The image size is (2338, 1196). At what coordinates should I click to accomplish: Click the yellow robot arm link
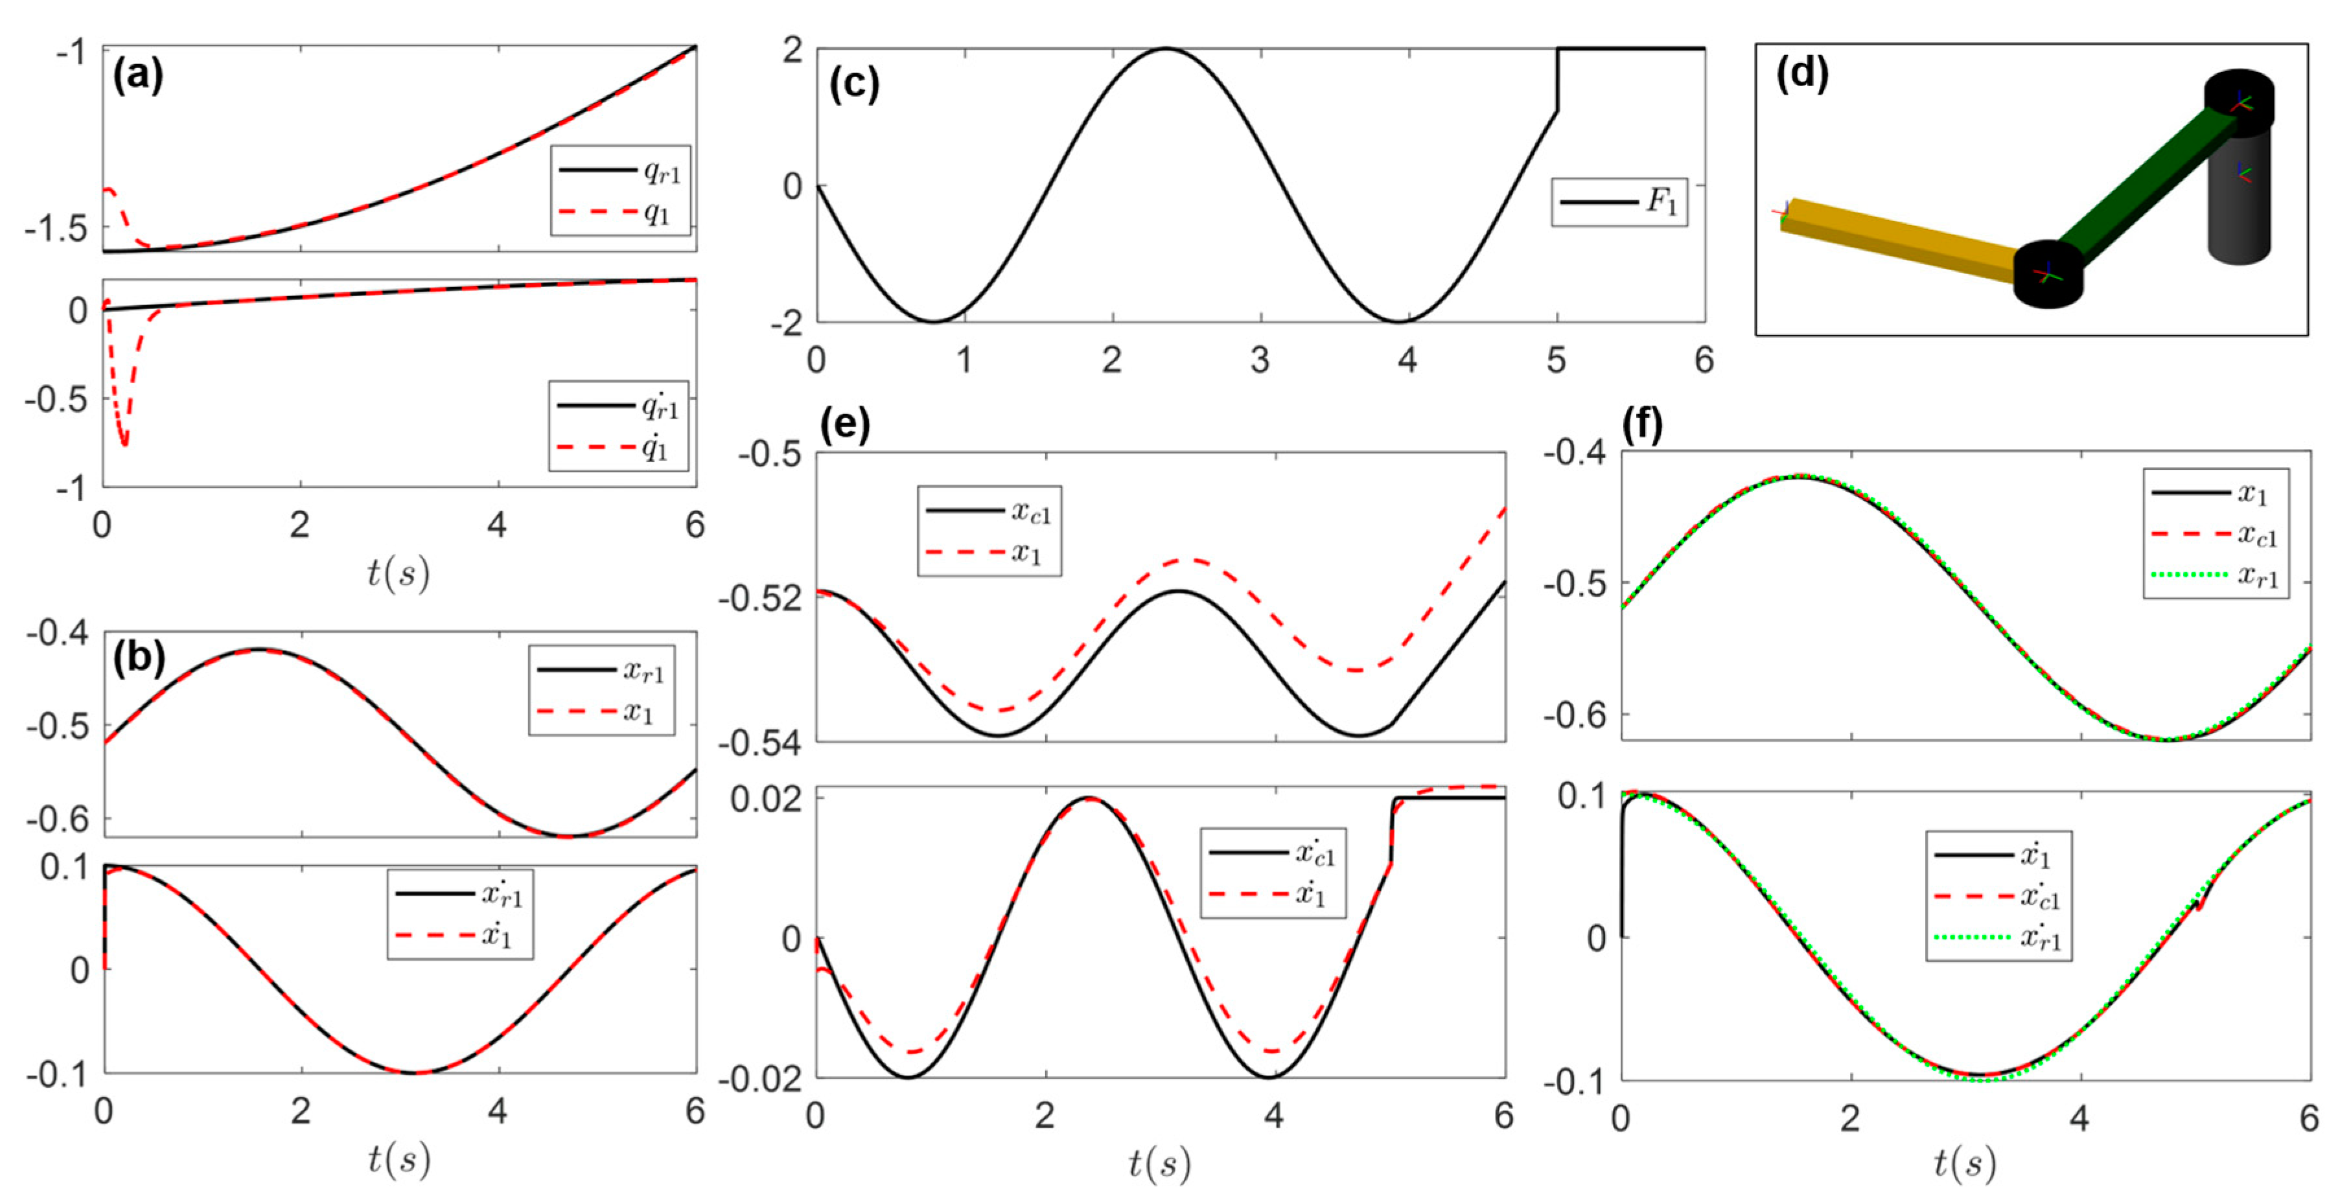click(1897, 240)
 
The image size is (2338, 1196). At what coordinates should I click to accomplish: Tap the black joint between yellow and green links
click(2048, 274)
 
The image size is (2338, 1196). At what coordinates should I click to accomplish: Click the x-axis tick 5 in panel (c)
click(1556, 361)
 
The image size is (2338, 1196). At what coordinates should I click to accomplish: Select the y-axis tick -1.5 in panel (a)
click(56, 229)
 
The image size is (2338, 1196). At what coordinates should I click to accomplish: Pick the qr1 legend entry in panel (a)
click(621, 170)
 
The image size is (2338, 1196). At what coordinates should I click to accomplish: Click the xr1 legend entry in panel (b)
click(601, 671)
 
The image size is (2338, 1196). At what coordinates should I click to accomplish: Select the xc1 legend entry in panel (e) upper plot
click(990, 512)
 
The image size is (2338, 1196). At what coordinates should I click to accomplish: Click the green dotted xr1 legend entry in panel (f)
click(2216, 575)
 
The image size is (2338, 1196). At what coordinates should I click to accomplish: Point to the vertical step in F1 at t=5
click(1557, 80)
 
